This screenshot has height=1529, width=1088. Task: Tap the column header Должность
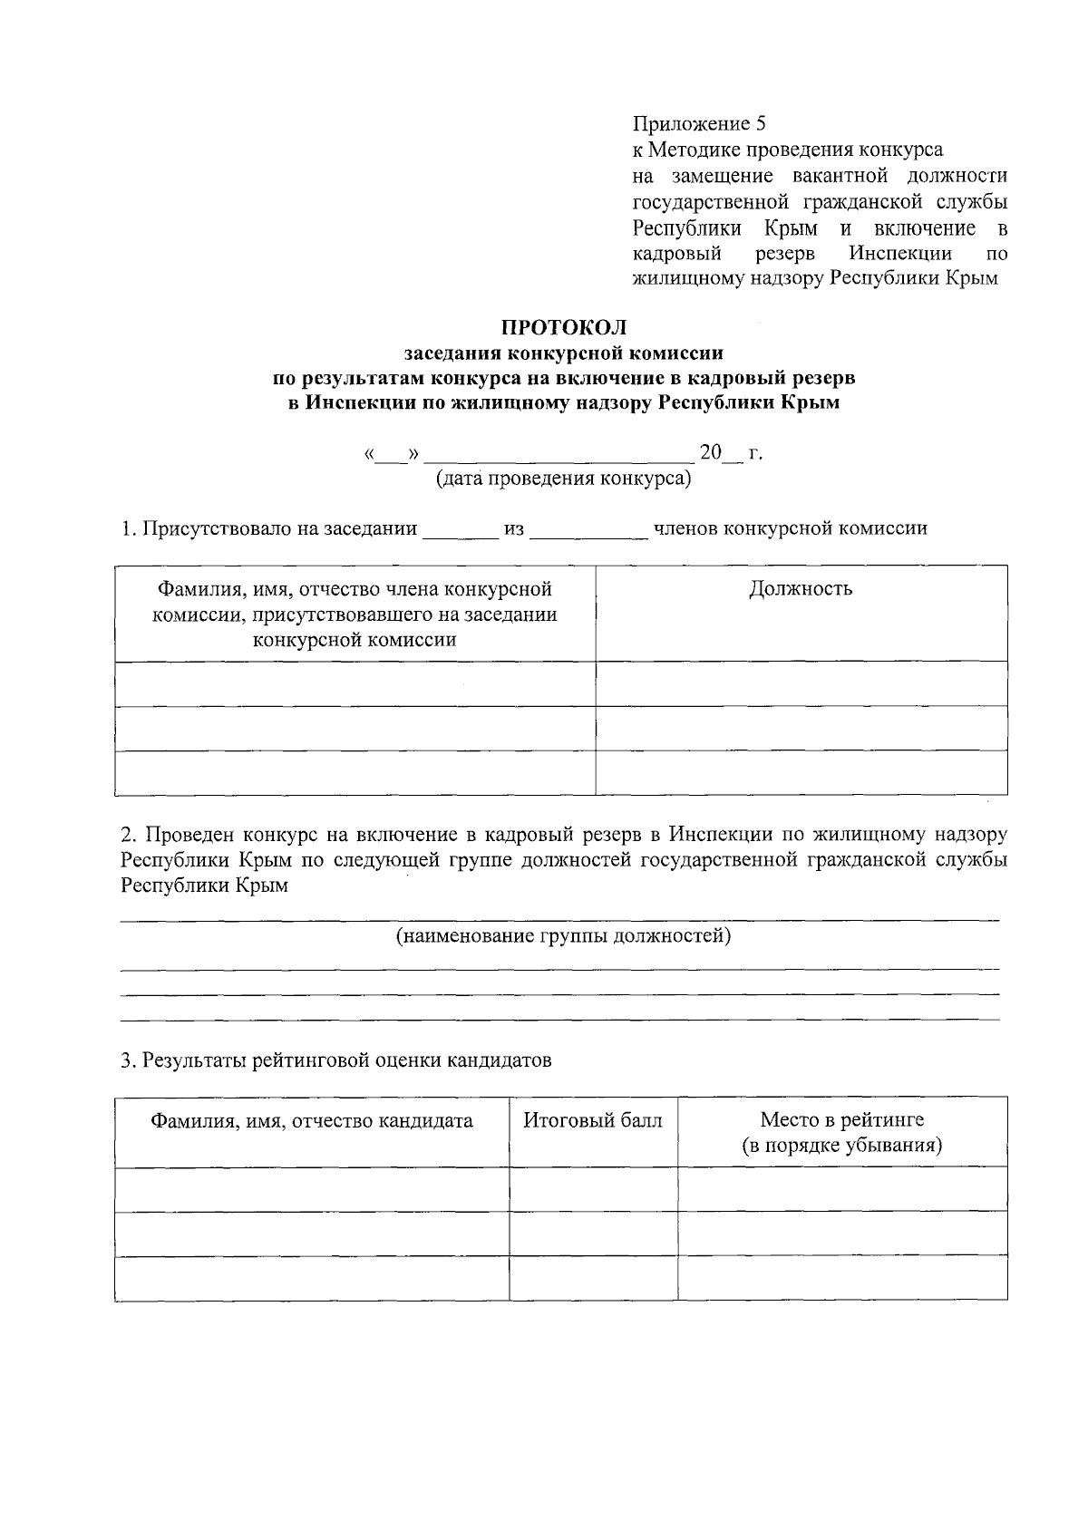[x=801, y=589]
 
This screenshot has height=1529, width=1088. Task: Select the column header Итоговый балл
[x=593, y=1120]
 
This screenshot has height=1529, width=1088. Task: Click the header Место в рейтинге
[x=841, y=1120]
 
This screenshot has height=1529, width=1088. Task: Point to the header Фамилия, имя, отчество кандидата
[x=312, y=1121]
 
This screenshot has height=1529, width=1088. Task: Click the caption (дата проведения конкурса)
[x=563, y=478]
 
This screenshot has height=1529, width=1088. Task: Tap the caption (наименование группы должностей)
[x=563, y=935]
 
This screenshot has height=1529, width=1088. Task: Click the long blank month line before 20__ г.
[x=559, y=456]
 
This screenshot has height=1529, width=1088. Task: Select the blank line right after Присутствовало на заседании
[x=460, y=533]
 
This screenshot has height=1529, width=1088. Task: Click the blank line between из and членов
[x=588, y=533]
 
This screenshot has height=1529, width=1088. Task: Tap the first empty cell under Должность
[x=801, y=683]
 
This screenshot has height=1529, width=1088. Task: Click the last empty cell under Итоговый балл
[x=593, y=1278]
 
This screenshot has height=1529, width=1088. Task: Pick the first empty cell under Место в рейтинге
[x=841, y=1188]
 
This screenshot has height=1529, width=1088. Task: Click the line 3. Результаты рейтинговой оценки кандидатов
[x=336, y=1060]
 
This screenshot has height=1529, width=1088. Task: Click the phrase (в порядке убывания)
[x=841, y=1146]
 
